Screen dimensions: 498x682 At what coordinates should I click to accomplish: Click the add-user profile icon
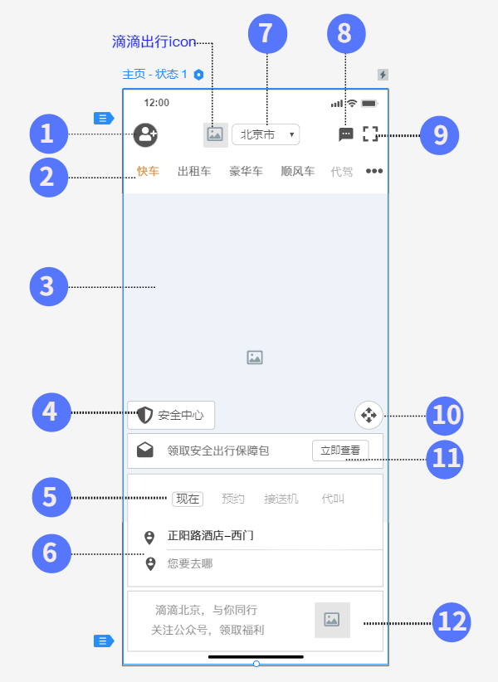coord(145,135)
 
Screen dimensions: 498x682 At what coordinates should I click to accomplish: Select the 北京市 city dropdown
coord(266,134)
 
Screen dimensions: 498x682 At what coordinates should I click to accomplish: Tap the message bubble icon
coord(346,134)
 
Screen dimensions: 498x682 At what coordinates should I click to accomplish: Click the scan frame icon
coord(370,134)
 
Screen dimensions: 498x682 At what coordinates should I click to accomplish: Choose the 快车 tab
coord(148,171)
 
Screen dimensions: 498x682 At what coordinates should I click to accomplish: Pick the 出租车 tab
coord(194,171)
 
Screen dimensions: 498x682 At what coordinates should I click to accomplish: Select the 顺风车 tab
coord(297,171)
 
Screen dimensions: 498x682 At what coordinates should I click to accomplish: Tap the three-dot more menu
coord(374,171)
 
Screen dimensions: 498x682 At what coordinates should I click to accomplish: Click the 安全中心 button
coord(171,415)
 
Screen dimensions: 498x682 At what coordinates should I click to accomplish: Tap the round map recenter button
coord(369,415)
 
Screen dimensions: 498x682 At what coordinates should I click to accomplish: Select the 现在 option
coord(188,499)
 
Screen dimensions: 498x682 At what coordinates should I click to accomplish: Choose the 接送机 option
coord(281,499)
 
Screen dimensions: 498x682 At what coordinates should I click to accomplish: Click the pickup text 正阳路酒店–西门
coord(211,535)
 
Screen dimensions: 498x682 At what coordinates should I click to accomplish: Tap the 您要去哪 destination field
coord(190,563)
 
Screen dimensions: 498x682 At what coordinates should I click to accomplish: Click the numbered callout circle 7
coord(267,33)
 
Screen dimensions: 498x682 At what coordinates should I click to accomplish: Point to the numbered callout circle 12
coord(452,622)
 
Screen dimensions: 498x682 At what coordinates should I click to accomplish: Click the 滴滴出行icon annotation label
coord(154,41)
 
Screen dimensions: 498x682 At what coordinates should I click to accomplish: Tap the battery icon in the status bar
coord(369,104)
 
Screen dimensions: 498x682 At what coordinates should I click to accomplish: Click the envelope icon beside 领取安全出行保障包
coord(144,451)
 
